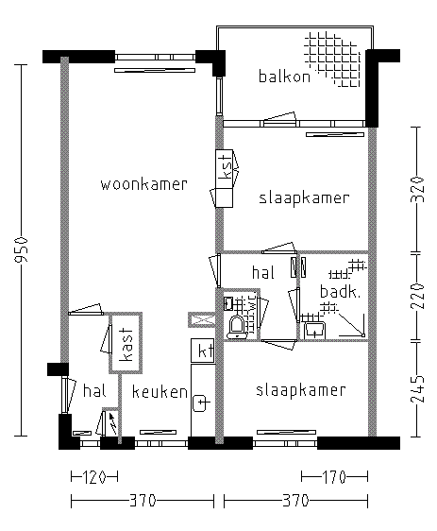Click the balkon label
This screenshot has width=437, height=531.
tap(284, 77)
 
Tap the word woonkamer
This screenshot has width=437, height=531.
tap(143, 184)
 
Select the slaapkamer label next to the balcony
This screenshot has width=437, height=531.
tap(304, 198)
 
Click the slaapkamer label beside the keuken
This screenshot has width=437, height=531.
tap(300, 390)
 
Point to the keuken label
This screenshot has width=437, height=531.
tap(160, 391)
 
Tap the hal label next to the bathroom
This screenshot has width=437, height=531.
tap(261, 272)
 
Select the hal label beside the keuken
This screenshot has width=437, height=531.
tap(92, 390)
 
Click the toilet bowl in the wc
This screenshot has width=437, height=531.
tap(237, 326)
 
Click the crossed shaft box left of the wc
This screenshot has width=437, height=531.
tap(199, 319)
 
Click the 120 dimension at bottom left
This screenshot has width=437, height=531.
tap(92, 476)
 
